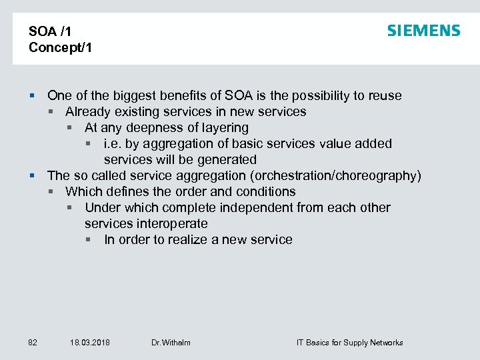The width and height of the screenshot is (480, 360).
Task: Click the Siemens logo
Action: [x=423, y=31]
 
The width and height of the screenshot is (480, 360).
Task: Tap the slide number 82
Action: [x=33, y=343]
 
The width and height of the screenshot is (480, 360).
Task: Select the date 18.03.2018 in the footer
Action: [x=90, y=343]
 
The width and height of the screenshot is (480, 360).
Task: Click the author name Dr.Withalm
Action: [x=171, y=343]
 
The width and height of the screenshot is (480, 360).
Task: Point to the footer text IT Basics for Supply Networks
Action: [x=349, y=343]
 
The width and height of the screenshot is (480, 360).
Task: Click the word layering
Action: [x=224, y=127]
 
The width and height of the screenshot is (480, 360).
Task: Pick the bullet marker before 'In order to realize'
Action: [x=89, y=239]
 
